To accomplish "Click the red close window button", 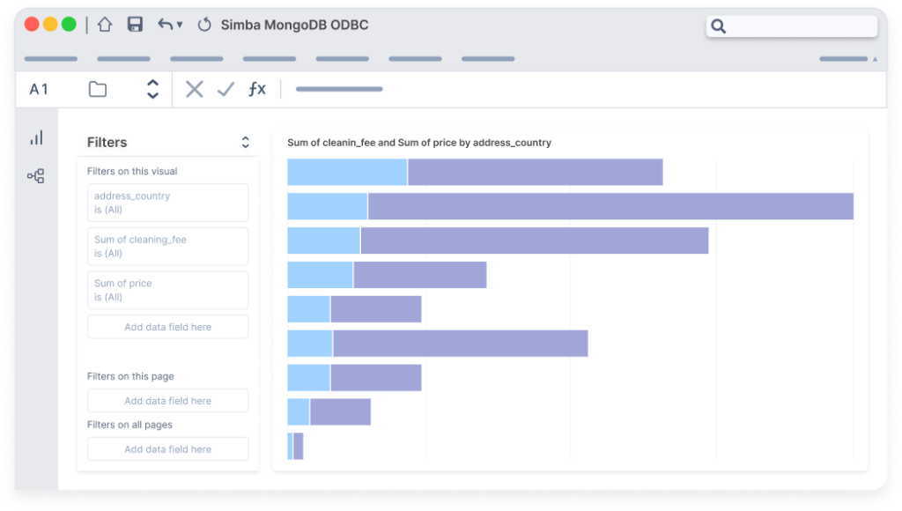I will (32, 25).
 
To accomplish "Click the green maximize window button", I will (68, 25).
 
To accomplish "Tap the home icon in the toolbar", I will (105, 25).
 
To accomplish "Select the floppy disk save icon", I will (135, 25).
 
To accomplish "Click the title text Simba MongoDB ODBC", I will (294, 25).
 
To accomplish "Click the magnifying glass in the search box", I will (719, 26).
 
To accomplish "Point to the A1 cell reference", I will (39, 89).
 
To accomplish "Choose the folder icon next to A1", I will (98, 89).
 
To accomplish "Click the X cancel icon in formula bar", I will (195, 89).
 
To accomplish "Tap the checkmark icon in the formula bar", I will (225, 89).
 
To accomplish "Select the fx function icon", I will (256, 89).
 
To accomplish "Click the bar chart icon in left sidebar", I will (36, 138).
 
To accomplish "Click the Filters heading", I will (107, 143).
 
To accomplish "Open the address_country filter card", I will (167, 203).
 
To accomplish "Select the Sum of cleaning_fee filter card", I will (167, 247).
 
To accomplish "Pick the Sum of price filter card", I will (167, 290).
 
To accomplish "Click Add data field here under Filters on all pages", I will (167, 449).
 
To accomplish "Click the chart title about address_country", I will (419, 143).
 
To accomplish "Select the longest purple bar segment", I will (610, 206).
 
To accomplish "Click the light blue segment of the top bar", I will (347, 173).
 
